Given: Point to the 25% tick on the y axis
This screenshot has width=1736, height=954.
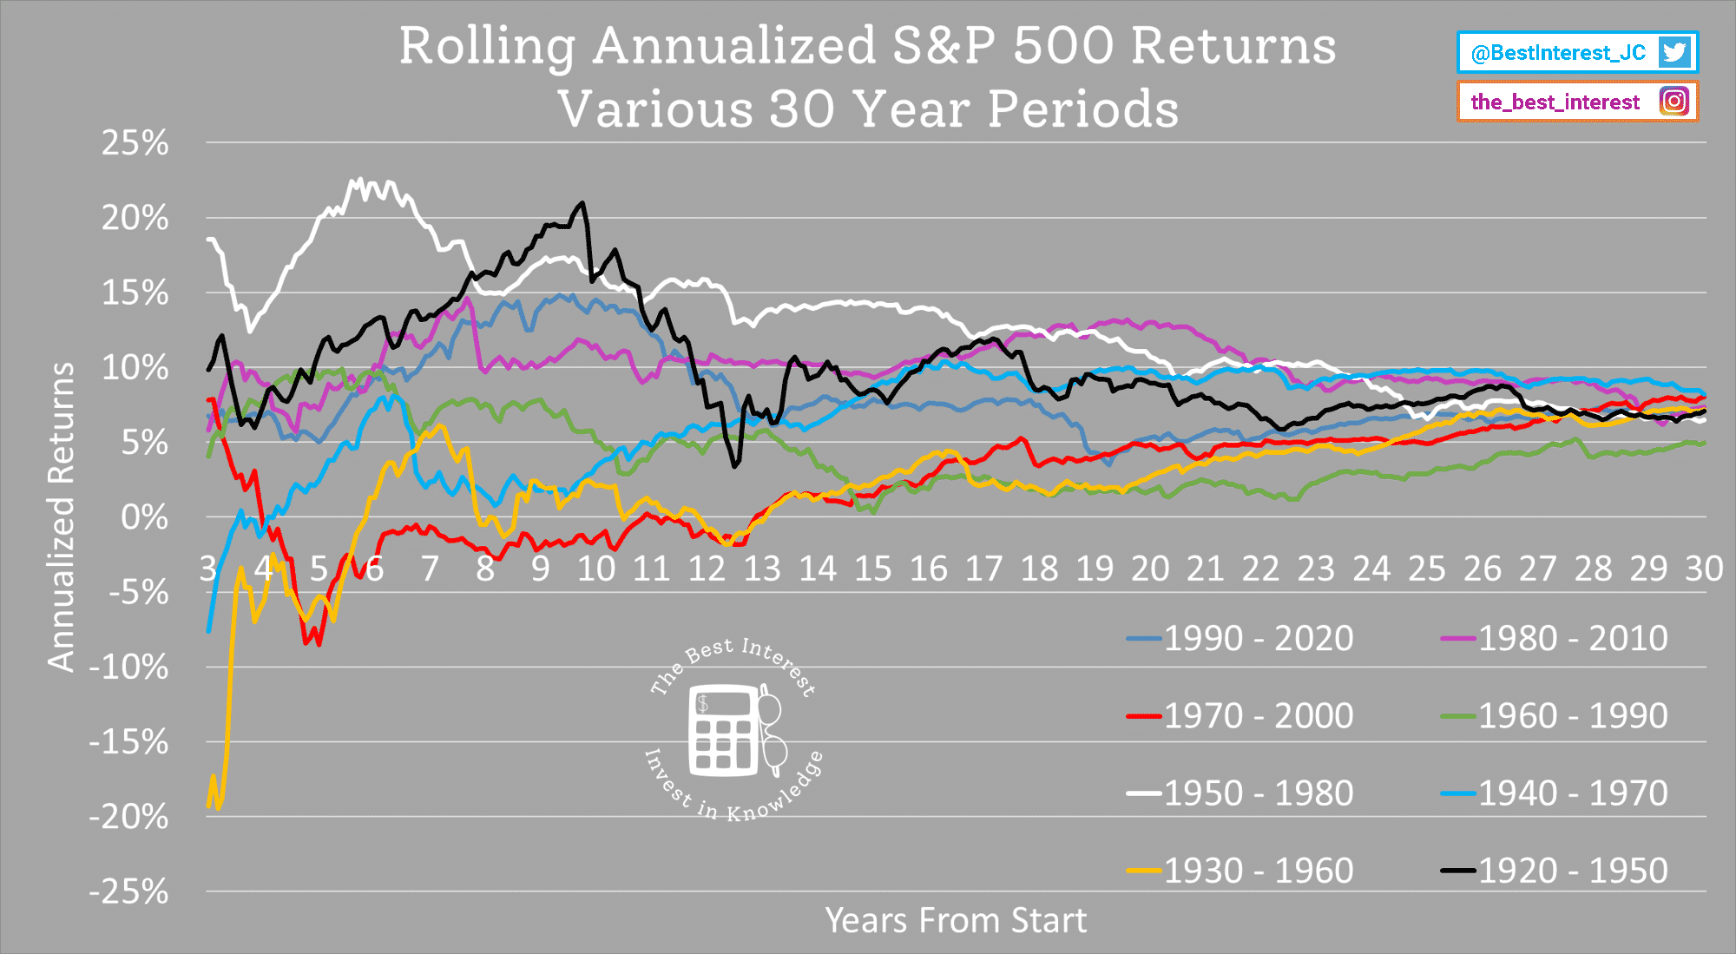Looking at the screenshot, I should (135, 143).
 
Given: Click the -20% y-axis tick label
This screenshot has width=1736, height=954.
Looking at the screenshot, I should (128, 817).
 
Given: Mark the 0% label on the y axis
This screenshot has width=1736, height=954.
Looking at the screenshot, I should (144, 518).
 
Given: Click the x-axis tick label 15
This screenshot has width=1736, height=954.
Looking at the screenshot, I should (872, 569).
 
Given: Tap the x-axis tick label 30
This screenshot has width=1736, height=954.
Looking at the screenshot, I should (1703, 569).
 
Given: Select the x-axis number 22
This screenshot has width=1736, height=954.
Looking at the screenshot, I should (1260, 569).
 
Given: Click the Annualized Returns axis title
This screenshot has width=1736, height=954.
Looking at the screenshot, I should (61, 517).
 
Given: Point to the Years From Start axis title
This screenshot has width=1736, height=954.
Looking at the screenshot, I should (955, 921).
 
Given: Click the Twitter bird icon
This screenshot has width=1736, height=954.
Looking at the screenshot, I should (1674, 52).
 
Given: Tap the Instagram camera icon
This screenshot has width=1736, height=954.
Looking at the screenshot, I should (1674, 102).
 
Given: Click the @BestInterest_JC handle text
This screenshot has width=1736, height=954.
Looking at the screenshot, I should (1558, 53).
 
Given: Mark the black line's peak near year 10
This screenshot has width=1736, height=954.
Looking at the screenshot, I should (582, 203).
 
